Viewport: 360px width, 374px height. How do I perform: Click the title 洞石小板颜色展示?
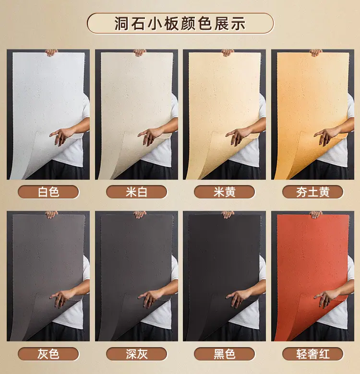[x=180, y=23]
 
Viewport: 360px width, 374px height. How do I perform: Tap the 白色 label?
[x=48, y=192]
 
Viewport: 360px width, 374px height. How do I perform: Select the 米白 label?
[x=136, y=192]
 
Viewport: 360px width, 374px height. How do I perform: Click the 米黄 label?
[x=225, y=192]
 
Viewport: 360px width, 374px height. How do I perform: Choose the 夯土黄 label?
[x=313, y=192]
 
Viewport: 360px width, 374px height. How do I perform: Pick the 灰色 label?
[x=48, y=354]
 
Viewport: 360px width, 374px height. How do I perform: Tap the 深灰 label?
[x=136, y=354]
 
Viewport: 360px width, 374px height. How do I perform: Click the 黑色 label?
[x=225, y=354]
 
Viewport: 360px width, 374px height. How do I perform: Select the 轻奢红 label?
[x=313, y=354]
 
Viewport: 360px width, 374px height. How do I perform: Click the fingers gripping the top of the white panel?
[x=51, y=52]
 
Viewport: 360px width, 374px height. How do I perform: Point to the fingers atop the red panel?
[x=316, y=214]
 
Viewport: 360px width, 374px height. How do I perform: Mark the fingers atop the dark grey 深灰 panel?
[x=140, y=214]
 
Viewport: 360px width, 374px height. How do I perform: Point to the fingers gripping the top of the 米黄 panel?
[x=228, y=52]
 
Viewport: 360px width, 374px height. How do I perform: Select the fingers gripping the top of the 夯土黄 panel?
[x=316, y=52]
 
